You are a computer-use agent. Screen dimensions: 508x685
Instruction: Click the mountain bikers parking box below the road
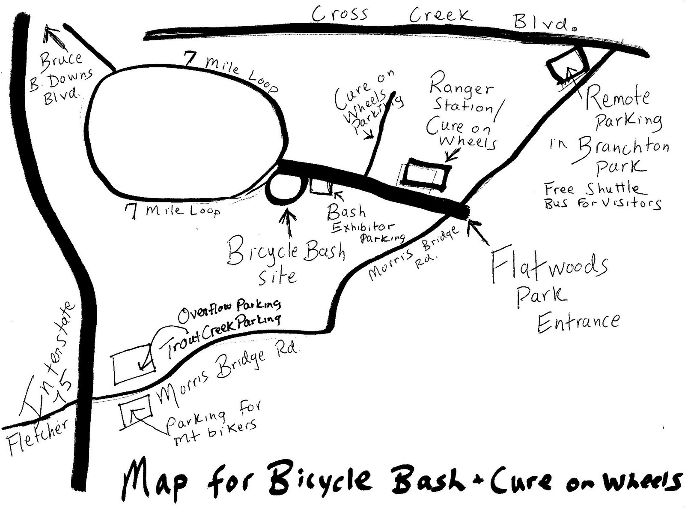136,411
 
